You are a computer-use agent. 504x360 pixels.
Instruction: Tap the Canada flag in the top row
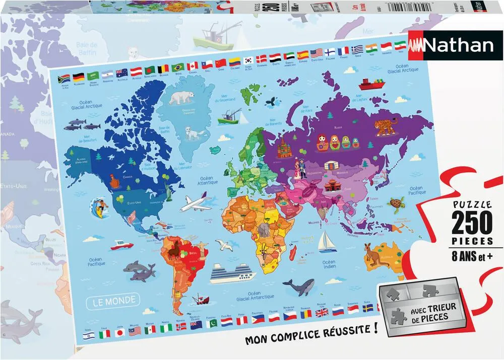point(193,66)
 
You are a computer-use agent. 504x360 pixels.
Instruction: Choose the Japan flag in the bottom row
point(119,332)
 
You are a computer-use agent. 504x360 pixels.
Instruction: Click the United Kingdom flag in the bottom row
point(322,313)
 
